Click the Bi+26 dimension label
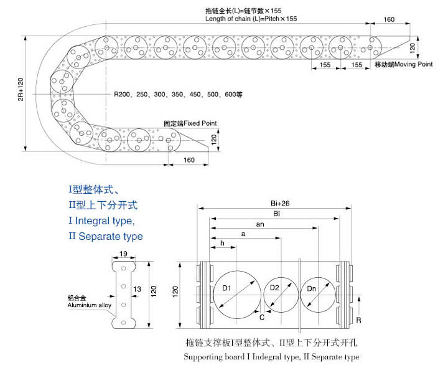(280, 203)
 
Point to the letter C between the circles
(262, 317)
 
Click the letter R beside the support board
(358, 320)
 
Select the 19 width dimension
(123, 254)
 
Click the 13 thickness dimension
(137, 289)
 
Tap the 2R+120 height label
(21, 89)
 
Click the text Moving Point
(413, 64)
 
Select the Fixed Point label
(200, 123)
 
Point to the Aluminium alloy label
(90, 305)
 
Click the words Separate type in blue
(111, 236)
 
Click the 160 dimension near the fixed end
(189, 160)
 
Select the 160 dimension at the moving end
(389, 19)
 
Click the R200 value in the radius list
(122, 94)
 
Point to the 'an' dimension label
(260, 224)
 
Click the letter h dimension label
(222, 243)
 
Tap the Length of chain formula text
(251, 19)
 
